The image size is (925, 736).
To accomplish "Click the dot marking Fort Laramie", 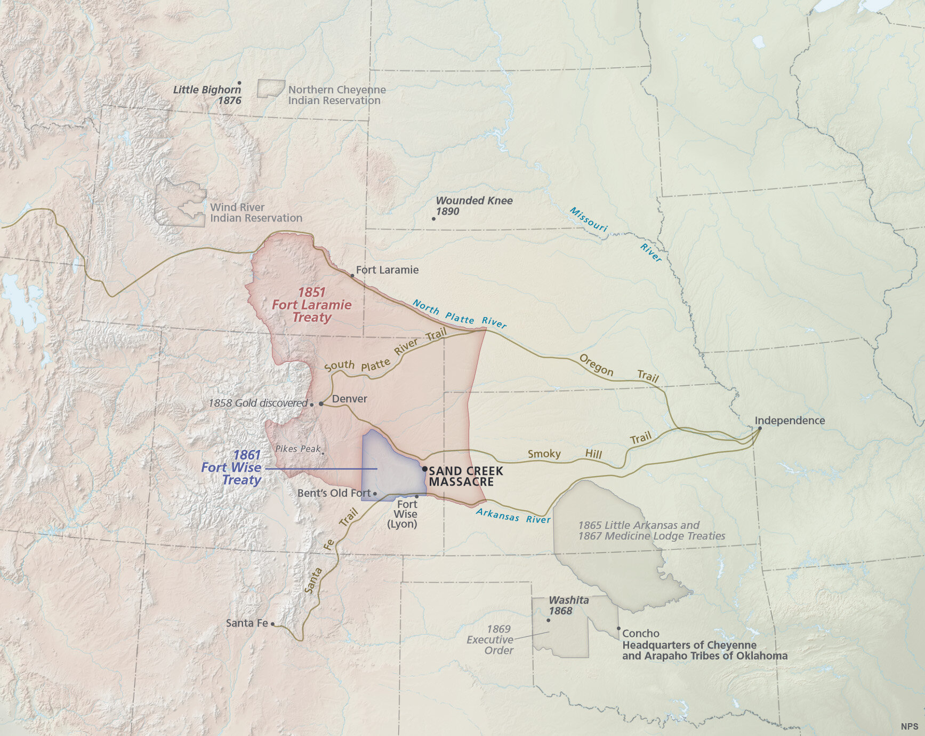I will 352,276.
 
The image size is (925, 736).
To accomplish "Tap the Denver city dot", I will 321,404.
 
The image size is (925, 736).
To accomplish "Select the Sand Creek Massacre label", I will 465,476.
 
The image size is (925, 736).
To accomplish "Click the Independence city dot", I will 760,428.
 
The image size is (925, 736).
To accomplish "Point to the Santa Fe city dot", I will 272,623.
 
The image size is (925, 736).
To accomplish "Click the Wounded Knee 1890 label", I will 473,206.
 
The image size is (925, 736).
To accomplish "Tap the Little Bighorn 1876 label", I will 207,95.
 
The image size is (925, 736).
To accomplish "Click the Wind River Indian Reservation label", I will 255,212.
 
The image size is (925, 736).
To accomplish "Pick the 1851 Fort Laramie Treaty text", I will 311,305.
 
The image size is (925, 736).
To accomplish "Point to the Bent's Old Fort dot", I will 375,494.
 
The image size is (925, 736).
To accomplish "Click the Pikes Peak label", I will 297,449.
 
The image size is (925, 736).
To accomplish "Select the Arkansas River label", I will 512,516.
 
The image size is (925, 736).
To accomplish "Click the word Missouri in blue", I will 588,219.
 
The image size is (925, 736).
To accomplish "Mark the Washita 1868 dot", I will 548,620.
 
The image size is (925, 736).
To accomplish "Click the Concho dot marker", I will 618,628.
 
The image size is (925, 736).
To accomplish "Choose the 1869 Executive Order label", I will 490,639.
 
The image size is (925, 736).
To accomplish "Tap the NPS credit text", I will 909,726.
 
